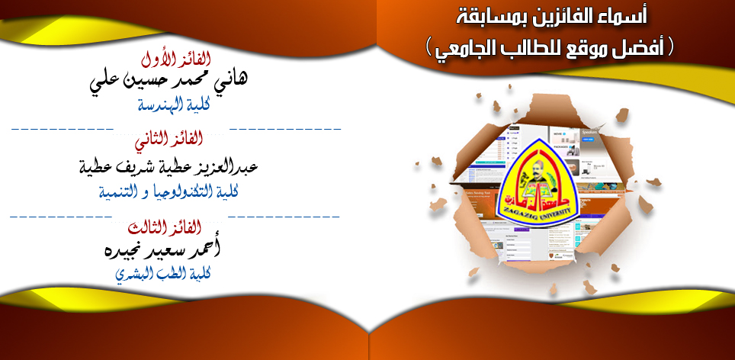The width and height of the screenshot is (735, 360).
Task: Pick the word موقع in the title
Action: pos(589,48)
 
